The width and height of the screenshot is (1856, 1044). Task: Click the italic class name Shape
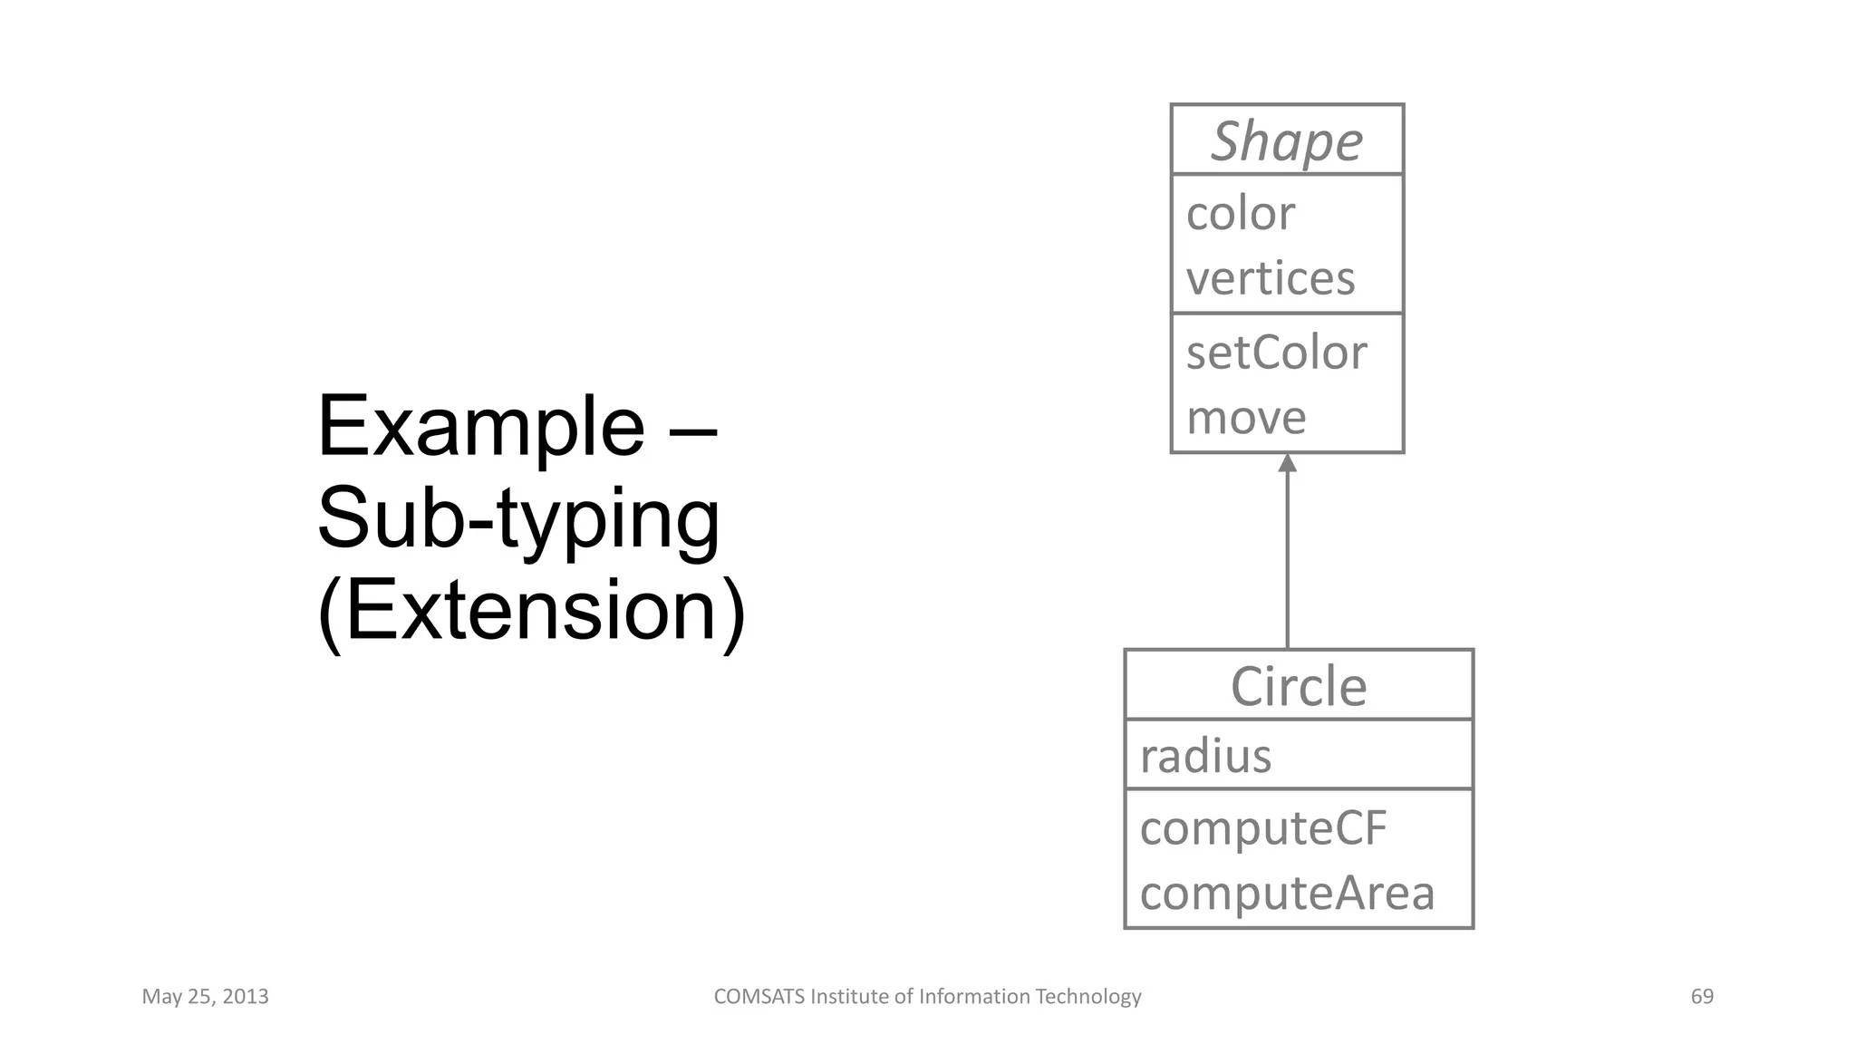tap(1286, 141)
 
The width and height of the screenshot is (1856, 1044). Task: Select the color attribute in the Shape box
tap(1240, 214)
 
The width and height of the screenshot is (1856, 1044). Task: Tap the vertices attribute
tap(1270, 278)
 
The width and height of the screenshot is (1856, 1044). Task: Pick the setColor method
tap(1275, 353)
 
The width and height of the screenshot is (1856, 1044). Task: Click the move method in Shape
tap(1245, 418)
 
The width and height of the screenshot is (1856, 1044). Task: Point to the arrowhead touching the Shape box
tap(1287, 463)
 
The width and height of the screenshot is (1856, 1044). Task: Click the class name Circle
tap(1298, 686)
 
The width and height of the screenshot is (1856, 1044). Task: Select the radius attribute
tap(1205, 756)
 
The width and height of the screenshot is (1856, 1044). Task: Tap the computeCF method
tap(1262, 828)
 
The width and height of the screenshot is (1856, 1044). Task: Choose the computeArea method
tap(1287, 894)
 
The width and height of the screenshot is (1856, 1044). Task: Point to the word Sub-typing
tap(518, 518)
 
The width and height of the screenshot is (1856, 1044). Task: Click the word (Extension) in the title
tap(531, 611)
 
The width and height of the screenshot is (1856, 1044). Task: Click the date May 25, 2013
tap(205, 997)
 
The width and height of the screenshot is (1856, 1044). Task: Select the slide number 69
tap(1702, 997)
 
